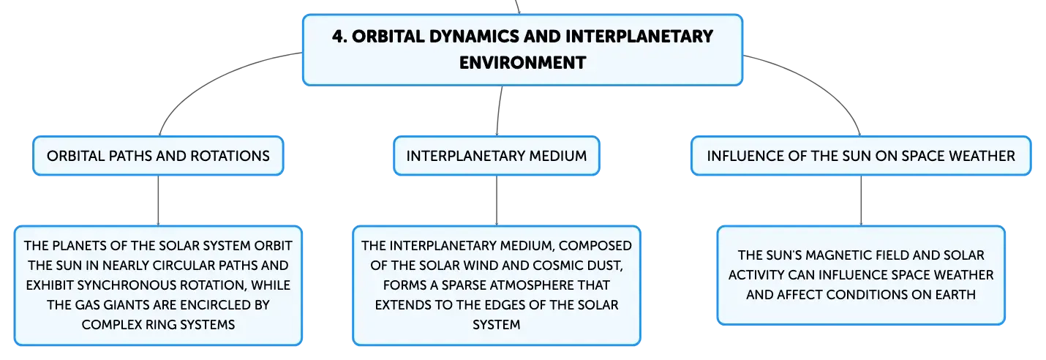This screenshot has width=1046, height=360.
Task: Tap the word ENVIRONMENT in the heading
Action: point(522,63)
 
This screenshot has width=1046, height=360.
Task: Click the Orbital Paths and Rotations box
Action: point(158,155)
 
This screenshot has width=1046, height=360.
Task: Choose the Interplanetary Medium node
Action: point(497,155)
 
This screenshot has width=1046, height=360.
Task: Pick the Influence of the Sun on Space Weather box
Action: point(861,155)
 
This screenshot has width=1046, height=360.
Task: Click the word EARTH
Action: point(955,295)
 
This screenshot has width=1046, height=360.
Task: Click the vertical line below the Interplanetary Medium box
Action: point(497,200)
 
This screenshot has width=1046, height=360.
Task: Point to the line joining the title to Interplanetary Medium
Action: point(498,111)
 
